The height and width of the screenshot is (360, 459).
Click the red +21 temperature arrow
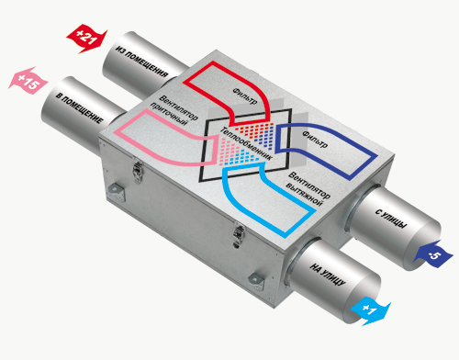86,39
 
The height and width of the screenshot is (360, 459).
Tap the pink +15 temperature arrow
28,81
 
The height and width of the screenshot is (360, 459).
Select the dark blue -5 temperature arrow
433,254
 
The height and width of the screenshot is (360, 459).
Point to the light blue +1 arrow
370,310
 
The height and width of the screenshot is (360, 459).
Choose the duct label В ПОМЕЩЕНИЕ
79,108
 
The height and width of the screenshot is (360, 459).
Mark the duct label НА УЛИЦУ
328,274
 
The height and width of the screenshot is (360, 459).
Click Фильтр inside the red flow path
245,96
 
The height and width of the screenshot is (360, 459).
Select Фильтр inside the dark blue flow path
315,140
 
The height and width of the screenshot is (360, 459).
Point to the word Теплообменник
246,143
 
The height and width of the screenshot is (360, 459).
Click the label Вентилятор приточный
174,110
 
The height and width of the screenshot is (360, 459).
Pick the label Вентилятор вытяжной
308,189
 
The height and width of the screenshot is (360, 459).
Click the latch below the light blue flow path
239,235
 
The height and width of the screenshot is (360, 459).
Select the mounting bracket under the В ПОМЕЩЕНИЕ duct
116,192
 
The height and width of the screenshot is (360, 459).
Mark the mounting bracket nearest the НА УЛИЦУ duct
256,281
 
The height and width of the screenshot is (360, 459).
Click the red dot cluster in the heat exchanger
252,130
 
